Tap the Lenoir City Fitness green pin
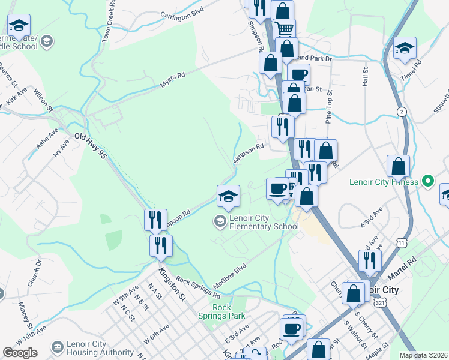pos(427,180)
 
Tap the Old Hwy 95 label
pos(90,145)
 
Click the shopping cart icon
pos(285,28)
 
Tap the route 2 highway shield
pos(401,112)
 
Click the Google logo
pos(20,352)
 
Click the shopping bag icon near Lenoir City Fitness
pos(398,166)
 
